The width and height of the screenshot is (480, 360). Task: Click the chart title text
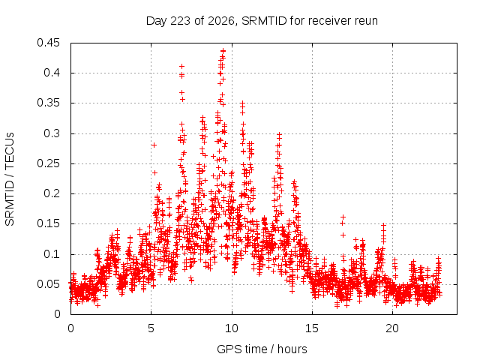pos(262,21)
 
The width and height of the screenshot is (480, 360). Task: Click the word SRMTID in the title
pos(264,21)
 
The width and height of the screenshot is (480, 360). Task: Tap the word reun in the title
pos(366,22)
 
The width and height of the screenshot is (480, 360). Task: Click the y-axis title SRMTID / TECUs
pos(10,179)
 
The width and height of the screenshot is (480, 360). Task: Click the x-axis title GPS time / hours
pos(262,349)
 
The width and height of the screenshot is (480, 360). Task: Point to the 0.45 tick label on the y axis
pos(48,43)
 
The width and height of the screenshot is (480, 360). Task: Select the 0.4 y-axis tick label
pos(52,73)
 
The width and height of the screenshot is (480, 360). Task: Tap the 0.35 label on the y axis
pos(48,103)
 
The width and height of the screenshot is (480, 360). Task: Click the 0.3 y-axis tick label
pos(52,133)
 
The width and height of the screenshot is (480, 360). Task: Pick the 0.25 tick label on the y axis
pos(48,163)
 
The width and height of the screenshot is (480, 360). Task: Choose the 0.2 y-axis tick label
pos(52,193)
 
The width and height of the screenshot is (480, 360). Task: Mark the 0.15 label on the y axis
pos(48,223)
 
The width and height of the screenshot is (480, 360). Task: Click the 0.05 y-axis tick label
pos(48,284)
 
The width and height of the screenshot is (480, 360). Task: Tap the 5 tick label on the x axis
pos(151,328)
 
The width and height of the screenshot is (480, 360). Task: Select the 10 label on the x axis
pos(232,328)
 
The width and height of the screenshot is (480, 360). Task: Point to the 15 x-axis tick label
pos(312,328)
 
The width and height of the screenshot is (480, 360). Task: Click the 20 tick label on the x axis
pos(392,328)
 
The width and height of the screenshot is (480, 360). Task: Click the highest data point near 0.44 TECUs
pos(223,50)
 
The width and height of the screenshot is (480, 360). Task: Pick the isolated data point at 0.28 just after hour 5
pos(154,145)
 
